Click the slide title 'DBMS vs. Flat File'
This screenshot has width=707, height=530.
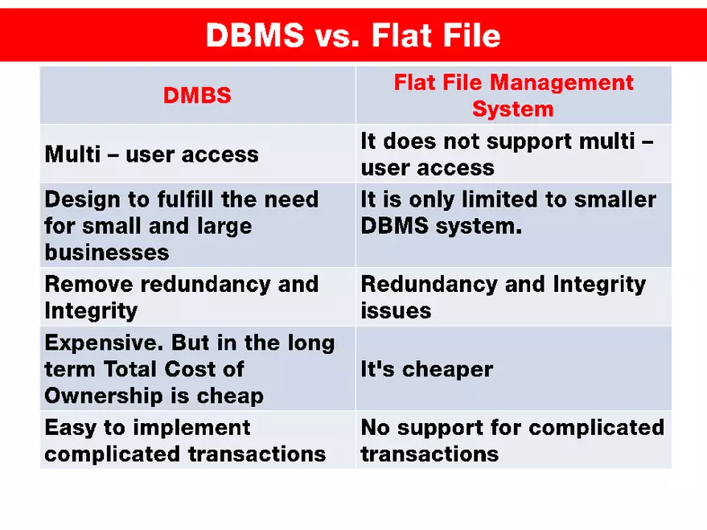(353, 35)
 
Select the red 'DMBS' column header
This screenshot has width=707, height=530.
(197, 96)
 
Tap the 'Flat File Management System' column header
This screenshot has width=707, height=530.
(513, 96)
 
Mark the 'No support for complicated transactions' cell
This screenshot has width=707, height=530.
(512, 441)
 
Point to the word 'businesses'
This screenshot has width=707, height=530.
(107, 253)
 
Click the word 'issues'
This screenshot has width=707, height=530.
(396, 310)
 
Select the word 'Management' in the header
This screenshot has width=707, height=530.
(561, 83)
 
